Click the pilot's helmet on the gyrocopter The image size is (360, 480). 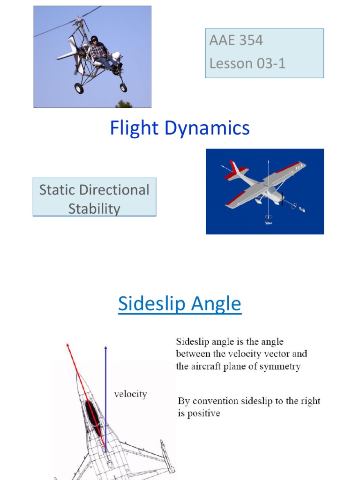pos(94,39)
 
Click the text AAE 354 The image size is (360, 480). pos(236,40)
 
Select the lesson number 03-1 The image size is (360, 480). pos(268,63)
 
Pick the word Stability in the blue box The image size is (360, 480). pos(94,209)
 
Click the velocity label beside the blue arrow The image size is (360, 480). pos(130,394)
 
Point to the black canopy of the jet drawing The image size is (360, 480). pos(93,415)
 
